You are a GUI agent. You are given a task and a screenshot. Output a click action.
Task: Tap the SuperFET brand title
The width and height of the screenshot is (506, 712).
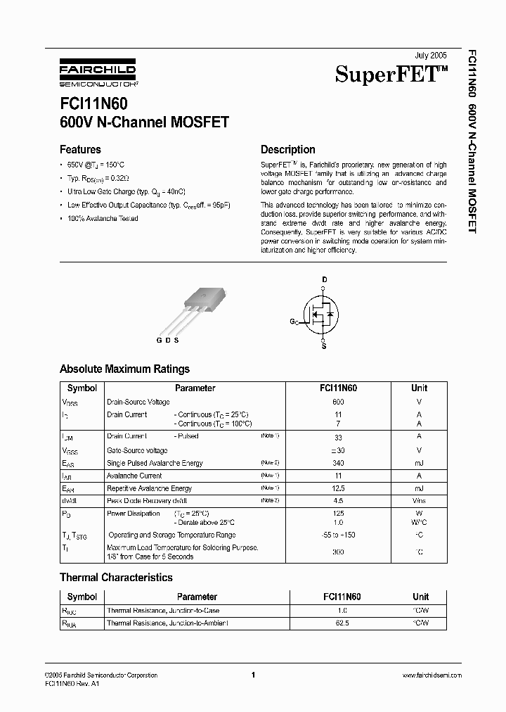pyautogui.click(x=391, y=74)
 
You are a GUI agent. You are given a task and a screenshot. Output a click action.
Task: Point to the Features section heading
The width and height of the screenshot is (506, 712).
pyautogui.click(x=80, y=149)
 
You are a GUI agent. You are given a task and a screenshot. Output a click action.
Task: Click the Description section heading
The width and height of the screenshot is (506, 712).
pyautogui.click(x=287, y=149)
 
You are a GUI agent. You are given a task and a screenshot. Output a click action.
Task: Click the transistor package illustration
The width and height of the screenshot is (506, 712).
pyautogui.click(x=193, y=306)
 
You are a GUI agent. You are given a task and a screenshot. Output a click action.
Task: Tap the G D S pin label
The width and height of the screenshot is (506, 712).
pyautogui.click(x=167, y=341)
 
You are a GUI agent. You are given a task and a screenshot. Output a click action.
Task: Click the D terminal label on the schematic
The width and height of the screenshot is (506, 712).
pyautogui.click(x=324, y=279)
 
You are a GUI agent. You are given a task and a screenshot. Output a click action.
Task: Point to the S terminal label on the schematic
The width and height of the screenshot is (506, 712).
pyautogui.click(x=323, y=346)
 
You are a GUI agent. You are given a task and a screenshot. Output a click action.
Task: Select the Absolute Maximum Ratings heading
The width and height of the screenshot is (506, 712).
pyautogui.click(x=124, y=369)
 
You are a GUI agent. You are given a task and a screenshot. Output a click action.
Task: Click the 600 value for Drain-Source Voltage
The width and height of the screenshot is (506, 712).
pyautogui.click(x=338, y=402)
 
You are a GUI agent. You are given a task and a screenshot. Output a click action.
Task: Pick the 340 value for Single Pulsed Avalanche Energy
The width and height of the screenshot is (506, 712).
pyautogui.click(x=338, y=463)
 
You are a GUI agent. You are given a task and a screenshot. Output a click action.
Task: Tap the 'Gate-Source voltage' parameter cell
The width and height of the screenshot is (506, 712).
pyautogui.click(x=137, y=450)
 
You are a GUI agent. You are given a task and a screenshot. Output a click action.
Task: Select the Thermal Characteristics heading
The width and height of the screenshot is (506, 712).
pyautogui.click(x=116, y=578)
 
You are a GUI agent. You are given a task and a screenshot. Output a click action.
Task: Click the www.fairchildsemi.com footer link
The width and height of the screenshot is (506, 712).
pyautogui.click(x=432, y=675)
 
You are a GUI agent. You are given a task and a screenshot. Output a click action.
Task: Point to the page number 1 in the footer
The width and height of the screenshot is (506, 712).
pyautogui.click(x=252, y=675)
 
